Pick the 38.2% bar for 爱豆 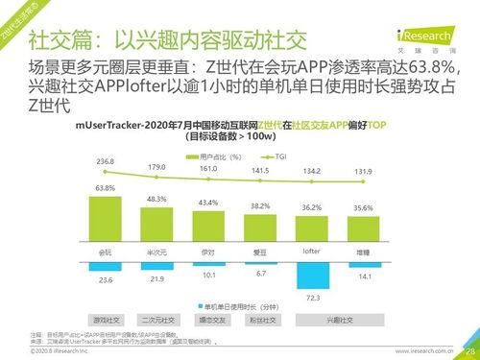(x=260, y=228)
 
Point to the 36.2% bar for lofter (x=311, y=228)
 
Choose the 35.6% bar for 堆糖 (x=363, y=229)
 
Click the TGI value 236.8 (x=106, y=161)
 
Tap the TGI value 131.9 (x=363, y=172)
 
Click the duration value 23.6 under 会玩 (x=106, y=279)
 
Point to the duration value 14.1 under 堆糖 (x=363, y=276)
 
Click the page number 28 (x=469, y=351)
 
